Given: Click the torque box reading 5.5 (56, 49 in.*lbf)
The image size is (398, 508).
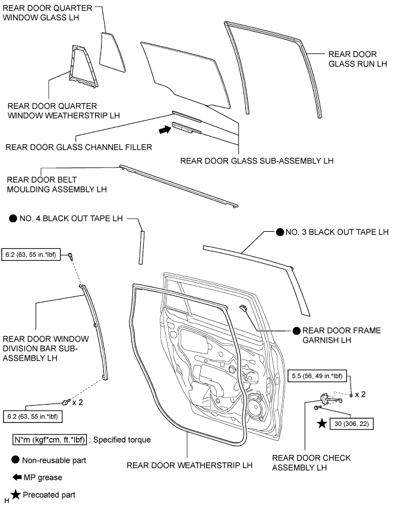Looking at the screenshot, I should (x=318, y=376).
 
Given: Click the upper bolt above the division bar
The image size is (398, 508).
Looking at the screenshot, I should (x=71, y=256).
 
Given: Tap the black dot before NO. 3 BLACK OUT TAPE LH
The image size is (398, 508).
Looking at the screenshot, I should (x=279, y=232).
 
